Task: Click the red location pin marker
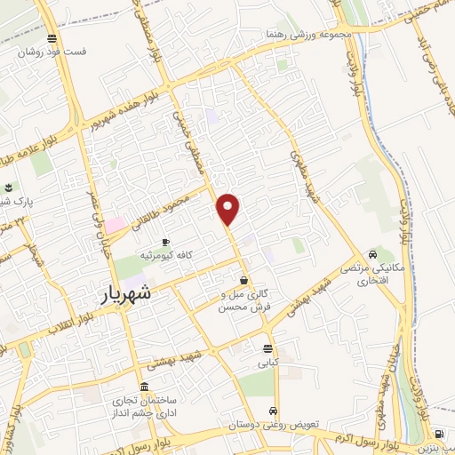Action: pos(228,209)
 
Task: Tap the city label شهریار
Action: pos(126,292)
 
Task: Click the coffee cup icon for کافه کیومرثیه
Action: pos(165,242)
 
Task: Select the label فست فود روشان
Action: pos(55,52)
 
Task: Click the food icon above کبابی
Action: pos(267,347)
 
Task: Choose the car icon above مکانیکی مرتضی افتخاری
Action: pos(371,252)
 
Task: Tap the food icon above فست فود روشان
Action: pos(52,39)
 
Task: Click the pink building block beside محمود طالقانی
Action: pos(117,225)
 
